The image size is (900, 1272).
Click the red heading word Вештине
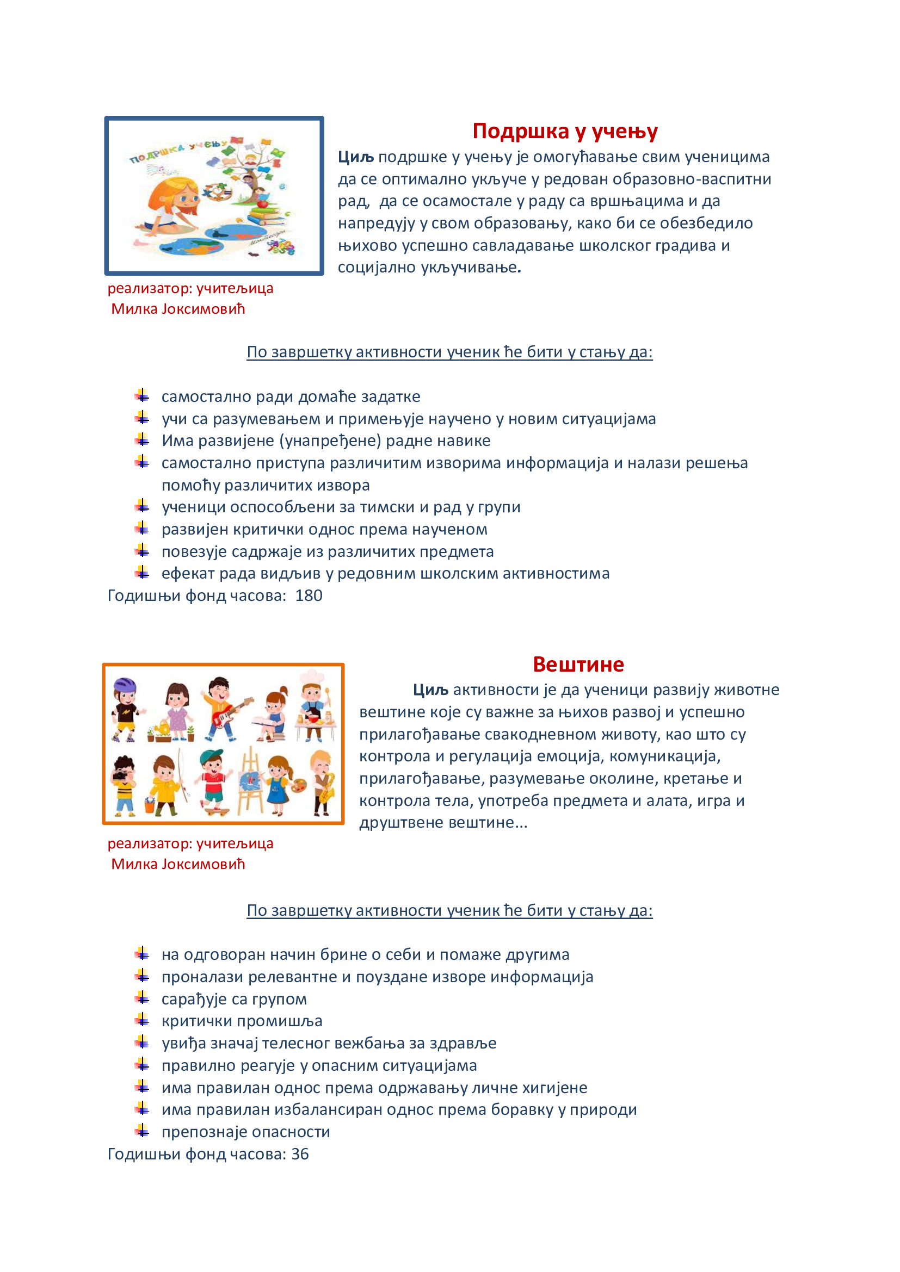pyautogui.click(x=578, y=664)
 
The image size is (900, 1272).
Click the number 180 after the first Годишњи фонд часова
pyautogui.click(x=309, y=595)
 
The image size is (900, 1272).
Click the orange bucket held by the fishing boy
pyautogui.click(x=150, y=804)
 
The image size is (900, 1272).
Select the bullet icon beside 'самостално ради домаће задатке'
pyautogui.click(x=142, y=395)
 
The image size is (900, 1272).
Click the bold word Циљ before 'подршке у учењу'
pyautogui.click(x=356, y=157)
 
